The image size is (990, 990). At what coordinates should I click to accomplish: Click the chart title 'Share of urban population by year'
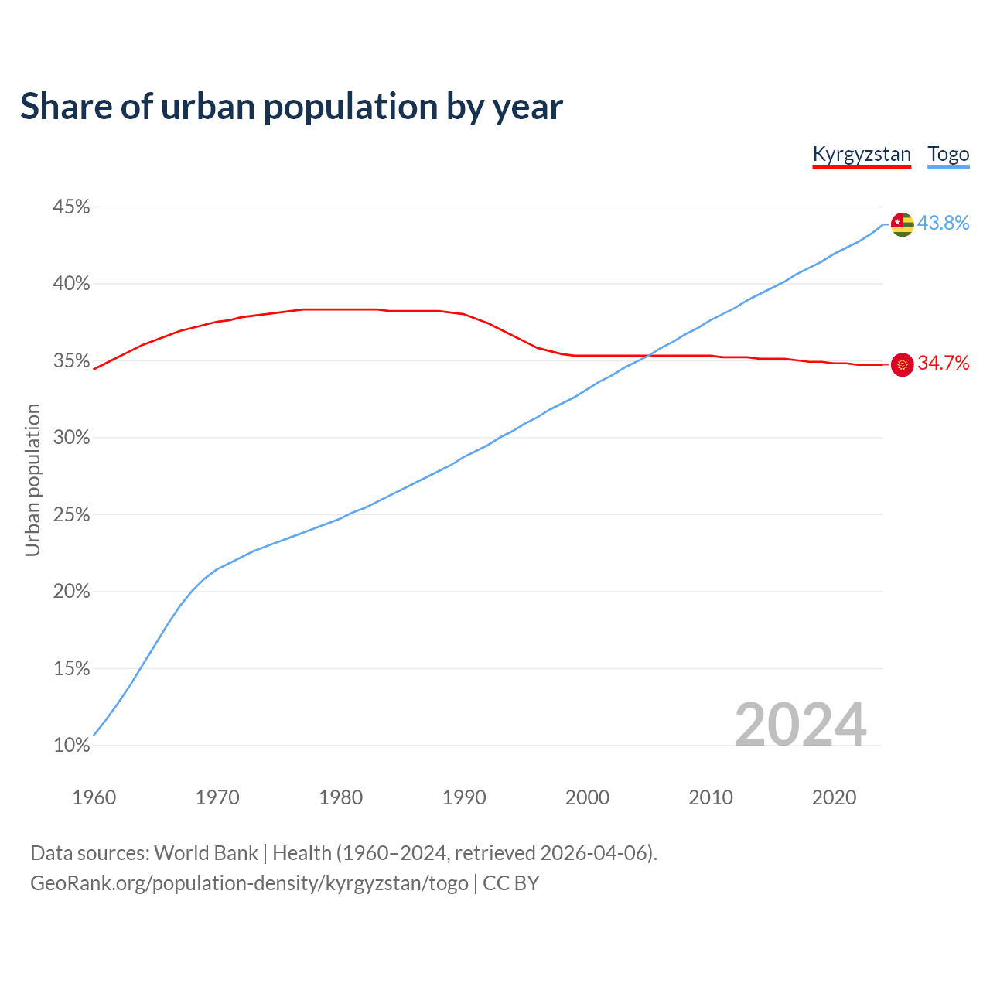tap(292, 107)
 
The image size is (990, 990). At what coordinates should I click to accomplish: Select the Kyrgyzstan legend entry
tap(862, 154)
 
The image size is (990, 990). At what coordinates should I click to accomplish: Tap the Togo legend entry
tap(948, 154)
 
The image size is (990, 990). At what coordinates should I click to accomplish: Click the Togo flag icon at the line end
tap(903, 224)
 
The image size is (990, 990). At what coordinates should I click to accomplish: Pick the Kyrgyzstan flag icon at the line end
tap(903, 364)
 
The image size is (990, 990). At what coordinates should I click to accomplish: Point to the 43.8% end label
tap(943, 224)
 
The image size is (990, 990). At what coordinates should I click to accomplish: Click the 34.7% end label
tap(943, 364)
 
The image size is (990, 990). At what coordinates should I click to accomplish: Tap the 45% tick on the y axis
tap(71, 207)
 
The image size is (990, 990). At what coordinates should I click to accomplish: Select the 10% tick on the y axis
tap(71, 746)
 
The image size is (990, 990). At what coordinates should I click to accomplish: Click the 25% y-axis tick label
tap(71, 515)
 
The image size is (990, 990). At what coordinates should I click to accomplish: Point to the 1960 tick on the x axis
tap(94, 797)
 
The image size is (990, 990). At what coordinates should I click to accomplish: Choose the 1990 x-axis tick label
tap(464, 797)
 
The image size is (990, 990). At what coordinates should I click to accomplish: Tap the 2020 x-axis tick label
tap(834, 797)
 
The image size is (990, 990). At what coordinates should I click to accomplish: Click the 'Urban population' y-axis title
tap(32, 480)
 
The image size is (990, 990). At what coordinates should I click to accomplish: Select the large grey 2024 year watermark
tap(801, 725)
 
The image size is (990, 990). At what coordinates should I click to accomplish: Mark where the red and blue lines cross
tap(651, 355)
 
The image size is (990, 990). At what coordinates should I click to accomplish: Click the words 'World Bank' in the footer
tap(206, 853)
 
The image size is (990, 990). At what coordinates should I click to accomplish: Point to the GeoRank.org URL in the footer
tap(249, 883)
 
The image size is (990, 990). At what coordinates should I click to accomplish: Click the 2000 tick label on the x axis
tap(587, 797)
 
